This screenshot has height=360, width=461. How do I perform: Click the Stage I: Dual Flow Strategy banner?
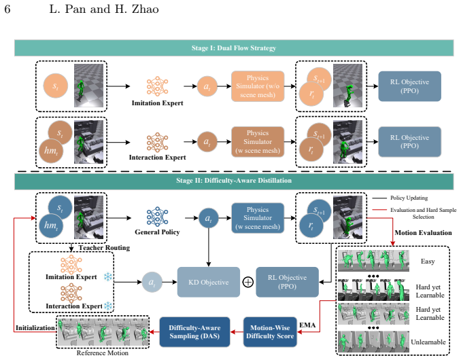(x=234, y=48)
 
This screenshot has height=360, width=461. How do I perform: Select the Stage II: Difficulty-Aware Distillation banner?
(x=234, y=181)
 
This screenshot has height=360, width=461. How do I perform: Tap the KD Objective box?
(x=209, y=282)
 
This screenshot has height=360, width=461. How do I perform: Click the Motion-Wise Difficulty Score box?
(x=270, y=331)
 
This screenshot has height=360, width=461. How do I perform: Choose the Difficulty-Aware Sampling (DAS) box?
(x=194, y=331)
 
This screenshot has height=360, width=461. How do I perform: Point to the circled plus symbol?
(x=248, y=282)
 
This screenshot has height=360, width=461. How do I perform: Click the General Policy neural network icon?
(x=157, y=217)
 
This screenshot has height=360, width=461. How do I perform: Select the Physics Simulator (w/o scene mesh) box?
(x=258, y=86)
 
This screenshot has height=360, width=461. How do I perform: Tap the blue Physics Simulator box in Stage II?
(x=258, y=218)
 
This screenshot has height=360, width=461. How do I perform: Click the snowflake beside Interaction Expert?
(x=108, y=306)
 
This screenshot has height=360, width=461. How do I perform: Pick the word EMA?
(x=307, y=325)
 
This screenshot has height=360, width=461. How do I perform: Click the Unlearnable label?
(x=428, y=342)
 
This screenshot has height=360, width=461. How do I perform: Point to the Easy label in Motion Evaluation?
(x=428, y=262)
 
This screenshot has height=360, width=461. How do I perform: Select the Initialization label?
(x=35, y=327)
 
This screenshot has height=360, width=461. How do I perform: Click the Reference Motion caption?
(x=102, y=353)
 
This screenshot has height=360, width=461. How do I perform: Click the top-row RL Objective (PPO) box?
(x=409, y=86)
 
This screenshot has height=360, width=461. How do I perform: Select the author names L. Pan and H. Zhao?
(x=104, y=9)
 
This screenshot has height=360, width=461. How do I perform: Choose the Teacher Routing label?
(x=104, y=248)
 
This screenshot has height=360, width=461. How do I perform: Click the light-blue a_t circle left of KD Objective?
(x=152, y=282)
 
